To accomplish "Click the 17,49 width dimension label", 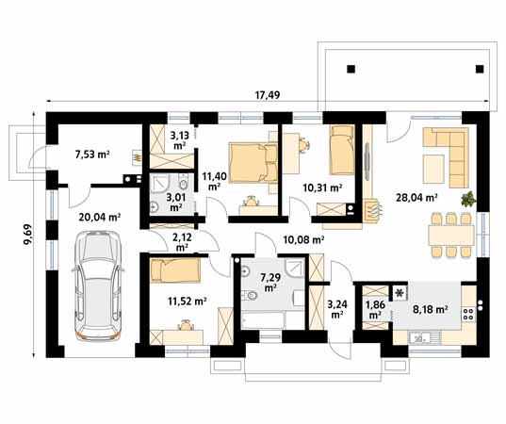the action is [268, 95].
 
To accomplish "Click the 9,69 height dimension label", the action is [27, 235].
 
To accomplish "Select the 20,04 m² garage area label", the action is [100, 217].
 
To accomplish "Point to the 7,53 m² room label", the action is [92, 155].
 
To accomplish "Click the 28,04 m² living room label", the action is [416, 198].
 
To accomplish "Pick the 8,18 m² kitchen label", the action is [431, 310].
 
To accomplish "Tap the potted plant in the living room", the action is [468, 199].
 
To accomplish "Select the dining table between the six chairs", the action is [450, 236].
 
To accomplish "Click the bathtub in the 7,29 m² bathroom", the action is [263, 320].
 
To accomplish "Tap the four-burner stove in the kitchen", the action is [468, 314].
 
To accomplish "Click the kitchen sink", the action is [425, 338].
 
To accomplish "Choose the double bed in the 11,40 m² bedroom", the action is [253, 163].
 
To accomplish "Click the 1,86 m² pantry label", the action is [374, 309].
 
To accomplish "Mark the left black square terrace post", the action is [351, 69].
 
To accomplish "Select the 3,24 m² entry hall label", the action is [336, 309].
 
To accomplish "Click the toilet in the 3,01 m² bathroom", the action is [183, 183].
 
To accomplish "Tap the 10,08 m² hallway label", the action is [303, 239].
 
